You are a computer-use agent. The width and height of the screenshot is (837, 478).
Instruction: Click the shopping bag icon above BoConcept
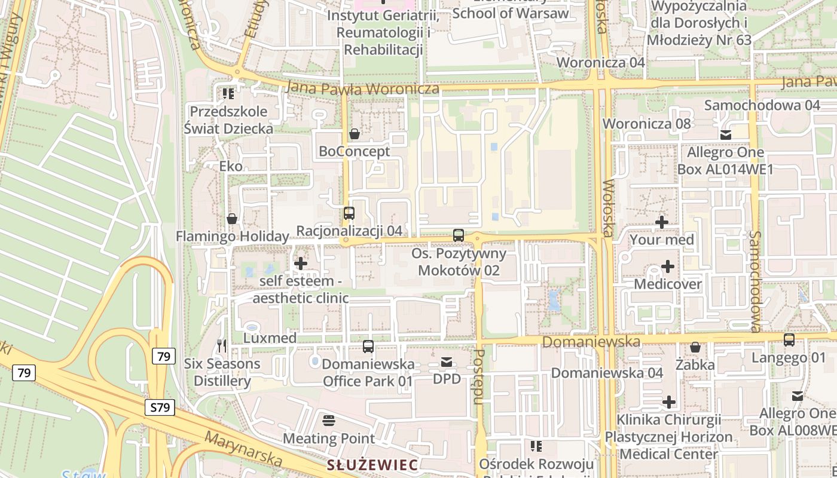point(355,134)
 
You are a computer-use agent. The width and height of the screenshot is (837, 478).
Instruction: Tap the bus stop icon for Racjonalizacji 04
point(349,213)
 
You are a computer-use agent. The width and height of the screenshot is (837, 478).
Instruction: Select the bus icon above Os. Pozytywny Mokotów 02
point(459,235)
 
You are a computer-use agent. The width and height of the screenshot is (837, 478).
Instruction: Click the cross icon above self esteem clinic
point(301,263)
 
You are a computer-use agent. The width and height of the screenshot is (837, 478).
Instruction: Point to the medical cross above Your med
point(662,222)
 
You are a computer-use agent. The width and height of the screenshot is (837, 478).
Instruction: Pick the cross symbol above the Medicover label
point(668,266)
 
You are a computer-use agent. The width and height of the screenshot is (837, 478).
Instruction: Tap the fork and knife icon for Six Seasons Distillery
point(222,346)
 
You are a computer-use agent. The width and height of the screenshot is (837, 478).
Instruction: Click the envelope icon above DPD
point(447,361)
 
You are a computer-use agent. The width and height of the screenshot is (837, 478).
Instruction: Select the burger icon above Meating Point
point(328,421)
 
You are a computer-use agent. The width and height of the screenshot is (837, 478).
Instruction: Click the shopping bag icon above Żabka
point(695,347)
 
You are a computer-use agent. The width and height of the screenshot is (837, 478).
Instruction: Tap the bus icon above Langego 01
point(789,340)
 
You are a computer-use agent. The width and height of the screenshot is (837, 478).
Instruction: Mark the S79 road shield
point(160,408)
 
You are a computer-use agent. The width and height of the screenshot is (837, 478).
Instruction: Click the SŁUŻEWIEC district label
point(372,465)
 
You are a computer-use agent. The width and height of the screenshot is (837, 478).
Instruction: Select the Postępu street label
point(479,377)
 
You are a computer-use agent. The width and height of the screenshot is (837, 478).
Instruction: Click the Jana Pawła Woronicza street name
point(363,89)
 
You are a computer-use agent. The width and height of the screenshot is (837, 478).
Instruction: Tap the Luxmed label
point(270,338)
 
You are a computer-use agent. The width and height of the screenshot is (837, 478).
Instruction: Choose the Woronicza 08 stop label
point(646,124)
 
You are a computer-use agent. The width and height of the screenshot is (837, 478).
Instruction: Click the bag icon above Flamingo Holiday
point(232,219)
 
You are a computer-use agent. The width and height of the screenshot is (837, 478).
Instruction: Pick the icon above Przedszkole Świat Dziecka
point(228,94)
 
